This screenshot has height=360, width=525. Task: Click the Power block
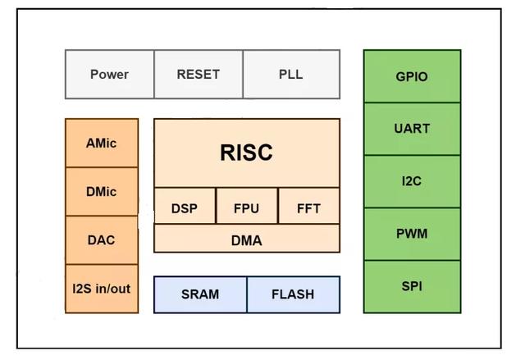[109, 75]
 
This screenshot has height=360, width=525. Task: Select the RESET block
[198, 75]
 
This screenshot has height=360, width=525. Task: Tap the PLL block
[290, 75]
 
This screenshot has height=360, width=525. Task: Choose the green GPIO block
[412, 76]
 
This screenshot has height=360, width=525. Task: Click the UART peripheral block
[412, 129]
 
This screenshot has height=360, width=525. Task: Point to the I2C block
[412, 181]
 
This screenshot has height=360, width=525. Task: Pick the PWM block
[412, 234]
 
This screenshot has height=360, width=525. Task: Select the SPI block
[412, 286]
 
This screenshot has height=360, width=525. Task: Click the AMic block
[102, 143]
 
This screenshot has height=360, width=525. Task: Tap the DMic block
[102, 192]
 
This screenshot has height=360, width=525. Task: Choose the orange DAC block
[102, 240]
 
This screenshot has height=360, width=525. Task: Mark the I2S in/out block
[102, 289]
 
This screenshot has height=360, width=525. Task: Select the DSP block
[185, 208]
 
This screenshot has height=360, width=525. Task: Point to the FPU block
[246, 208]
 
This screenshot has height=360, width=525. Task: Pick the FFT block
[308, 208]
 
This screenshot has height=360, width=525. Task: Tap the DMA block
[246, 239]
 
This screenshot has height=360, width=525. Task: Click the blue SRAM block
[200, 294]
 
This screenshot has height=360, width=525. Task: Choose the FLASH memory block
[293, 294]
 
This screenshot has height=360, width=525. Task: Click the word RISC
[246, 153]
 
